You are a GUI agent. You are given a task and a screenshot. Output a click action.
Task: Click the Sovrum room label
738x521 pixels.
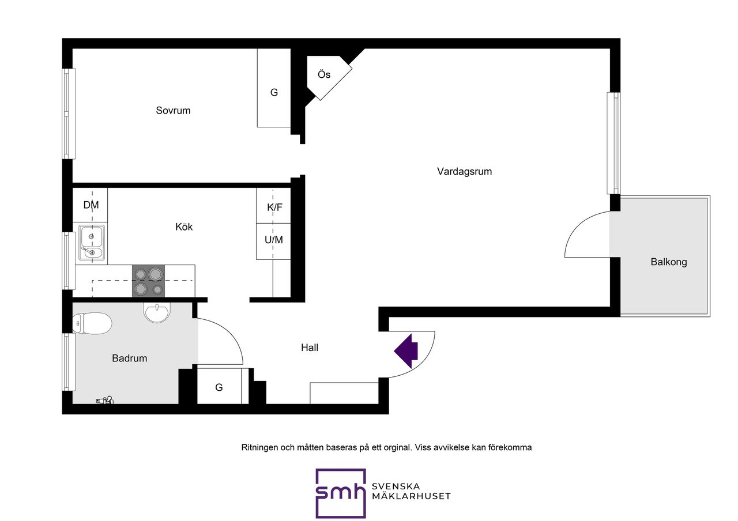173,110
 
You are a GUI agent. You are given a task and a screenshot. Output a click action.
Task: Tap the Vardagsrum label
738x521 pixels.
464,171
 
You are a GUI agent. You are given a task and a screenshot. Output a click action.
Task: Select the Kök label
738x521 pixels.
184,226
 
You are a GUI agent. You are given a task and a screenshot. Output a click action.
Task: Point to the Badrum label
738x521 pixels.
130,358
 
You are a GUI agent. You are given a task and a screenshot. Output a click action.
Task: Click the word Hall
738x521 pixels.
310,348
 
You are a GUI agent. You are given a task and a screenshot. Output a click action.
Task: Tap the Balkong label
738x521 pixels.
669,262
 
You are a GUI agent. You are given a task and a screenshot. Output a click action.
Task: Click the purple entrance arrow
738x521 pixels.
406,351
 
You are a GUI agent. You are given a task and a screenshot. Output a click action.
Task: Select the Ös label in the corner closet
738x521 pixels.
324,74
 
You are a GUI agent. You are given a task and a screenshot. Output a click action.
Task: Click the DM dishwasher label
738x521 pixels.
91,205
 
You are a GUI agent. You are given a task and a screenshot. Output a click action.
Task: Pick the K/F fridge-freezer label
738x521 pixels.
274,207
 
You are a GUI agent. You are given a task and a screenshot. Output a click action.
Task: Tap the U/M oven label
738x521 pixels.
274,240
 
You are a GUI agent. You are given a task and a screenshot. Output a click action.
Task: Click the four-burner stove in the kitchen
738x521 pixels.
149,281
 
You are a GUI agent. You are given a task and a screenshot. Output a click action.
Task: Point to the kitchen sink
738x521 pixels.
92,243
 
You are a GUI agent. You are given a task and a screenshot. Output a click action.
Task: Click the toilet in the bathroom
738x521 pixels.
92,323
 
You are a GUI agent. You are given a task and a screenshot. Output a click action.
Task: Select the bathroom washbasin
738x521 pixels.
157,312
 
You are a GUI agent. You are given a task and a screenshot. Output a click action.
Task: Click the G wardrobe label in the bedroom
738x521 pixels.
274,93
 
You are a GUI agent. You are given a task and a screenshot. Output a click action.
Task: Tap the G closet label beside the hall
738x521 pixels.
219,387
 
